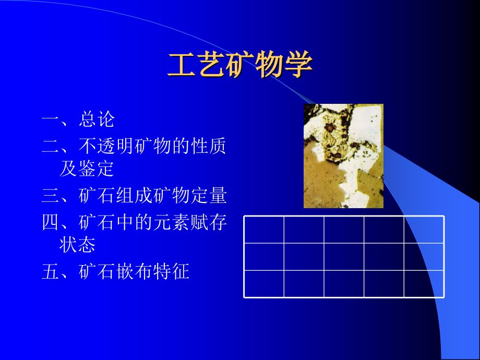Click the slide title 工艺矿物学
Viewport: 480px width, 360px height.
tap(241, 65)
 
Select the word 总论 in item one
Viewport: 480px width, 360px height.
tap(97, 119)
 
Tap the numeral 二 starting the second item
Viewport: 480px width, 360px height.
tap(51, 146)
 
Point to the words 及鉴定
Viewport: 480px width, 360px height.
tap(87, 169)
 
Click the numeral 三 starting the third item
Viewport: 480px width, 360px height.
tap(51, 195)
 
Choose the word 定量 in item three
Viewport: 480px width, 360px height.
tap(209, 195)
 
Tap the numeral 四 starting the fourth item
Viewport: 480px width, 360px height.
tap(51, 222)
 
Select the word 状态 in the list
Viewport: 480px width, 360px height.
tap(77, 244)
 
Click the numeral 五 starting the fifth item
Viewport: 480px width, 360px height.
tap(51, 271)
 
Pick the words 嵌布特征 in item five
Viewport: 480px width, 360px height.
tap(153, 271)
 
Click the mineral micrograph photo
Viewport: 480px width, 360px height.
tap(343, 156)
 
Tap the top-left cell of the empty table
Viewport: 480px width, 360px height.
tap(264, 230)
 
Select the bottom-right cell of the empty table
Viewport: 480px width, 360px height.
tap(424, 283)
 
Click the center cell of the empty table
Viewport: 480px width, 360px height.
tap(344, 257)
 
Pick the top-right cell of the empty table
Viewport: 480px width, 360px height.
tap(424, 230)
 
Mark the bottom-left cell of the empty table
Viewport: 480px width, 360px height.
tap(264, 283)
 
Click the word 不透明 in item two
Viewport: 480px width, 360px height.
tap(106, 146)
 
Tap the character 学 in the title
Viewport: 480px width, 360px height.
tap(299, 65)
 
